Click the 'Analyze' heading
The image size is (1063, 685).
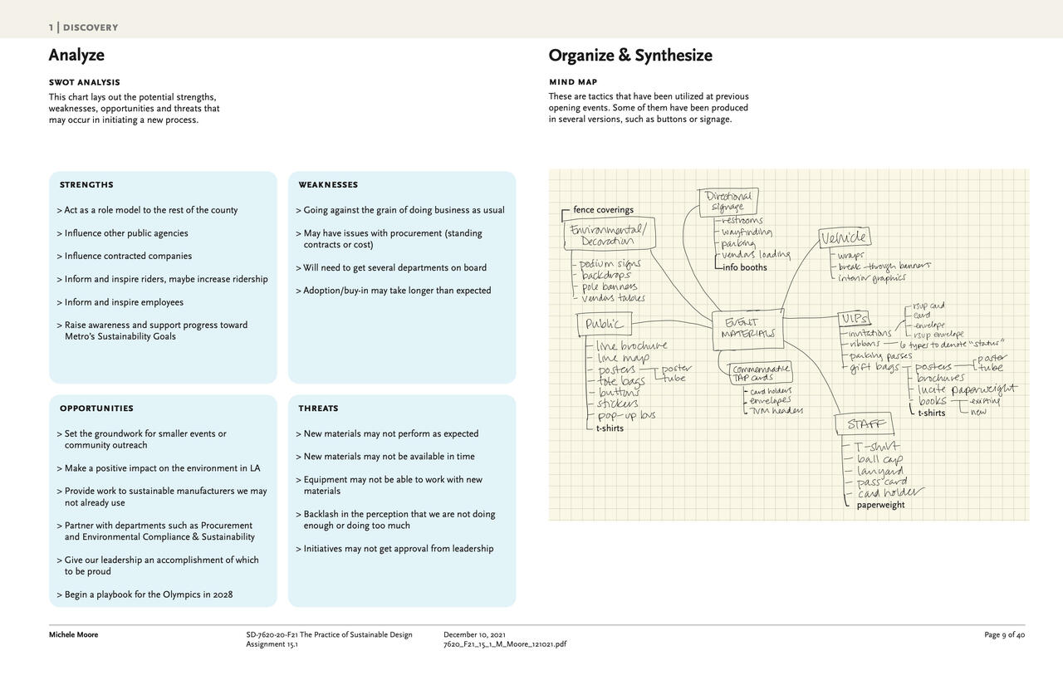pyautogui.click(x=76, y=56)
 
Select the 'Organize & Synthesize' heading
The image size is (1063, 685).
pyautogui.click(x=629, y=56)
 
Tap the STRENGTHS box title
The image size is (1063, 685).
pyautogui.click(x=86, y=184)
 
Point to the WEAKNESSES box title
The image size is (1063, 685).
pyautogui.click(x=328, y=184)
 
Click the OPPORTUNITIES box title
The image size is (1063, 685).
pyautogui.click(x=96, y=409)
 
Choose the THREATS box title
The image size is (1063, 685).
pyautogui.click(x=318, y=409)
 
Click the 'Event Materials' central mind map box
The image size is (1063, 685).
pyautogui.click(x=747, y=329)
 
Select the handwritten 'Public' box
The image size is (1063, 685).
pyautogui.click(x=604, y=324)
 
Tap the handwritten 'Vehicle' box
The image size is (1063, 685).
pyautogui.click(x=844, y=238)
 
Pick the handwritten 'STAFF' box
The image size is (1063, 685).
pyautogui.click(x=866, y=425)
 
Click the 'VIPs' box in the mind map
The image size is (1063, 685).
pyautogui.click(x=854, y=319)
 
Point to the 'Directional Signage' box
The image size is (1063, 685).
pyautogui.click(x=728, y=202)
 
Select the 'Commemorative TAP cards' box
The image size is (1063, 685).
pyautogui.click(x=760, y=373)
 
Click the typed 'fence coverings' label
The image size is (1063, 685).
pyautogui.click(x=603, y=210)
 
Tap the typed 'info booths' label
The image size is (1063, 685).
pyautogui.click(x=744, y=267)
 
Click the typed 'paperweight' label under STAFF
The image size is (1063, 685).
pyautogui.click(x=880, y=505)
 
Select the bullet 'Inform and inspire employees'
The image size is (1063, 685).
pyautogui.click(x=124, y=302)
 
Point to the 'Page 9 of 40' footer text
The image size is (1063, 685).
pyautogui.click(x=1004, y=635)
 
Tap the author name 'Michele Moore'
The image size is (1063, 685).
pyautogui.click(x=73, y=635)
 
